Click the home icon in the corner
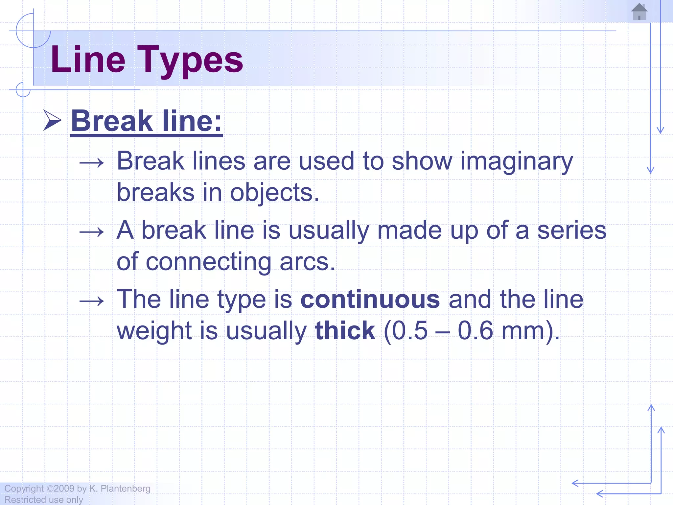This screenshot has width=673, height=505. (639, 12)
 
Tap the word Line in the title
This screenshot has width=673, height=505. (88, 60)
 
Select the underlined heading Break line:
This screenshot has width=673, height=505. (147, 121)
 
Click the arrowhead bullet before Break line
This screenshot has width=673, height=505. (53, 121)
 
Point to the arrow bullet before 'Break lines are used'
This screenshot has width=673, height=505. (92, 163)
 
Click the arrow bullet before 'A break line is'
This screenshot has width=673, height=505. (92, 232)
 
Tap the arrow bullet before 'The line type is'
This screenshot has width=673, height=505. (92, 301)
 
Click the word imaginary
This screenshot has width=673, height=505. (517, 162)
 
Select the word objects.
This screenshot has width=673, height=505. (275, 193)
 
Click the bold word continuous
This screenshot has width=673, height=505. (370, 300)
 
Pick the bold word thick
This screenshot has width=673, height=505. (345, 330)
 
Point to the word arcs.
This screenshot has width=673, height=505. (308, 262)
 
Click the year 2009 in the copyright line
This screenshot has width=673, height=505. (64, 489)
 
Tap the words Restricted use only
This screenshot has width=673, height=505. (44, 500)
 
